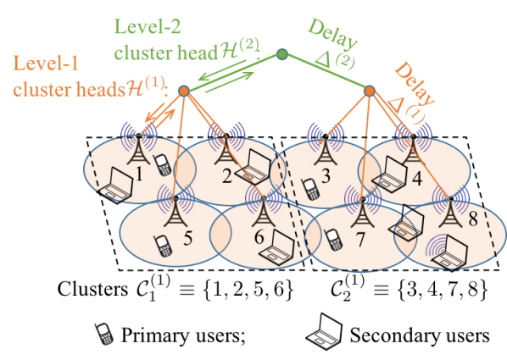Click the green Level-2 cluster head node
click(282, 55)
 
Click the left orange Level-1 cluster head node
click(182, 88)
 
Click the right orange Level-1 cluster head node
click(370, 89)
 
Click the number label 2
click(226, 176)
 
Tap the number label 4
click(416, 180)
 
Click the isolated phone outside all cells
click(103, 333)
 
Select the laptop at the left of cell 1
click(114, 187)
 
